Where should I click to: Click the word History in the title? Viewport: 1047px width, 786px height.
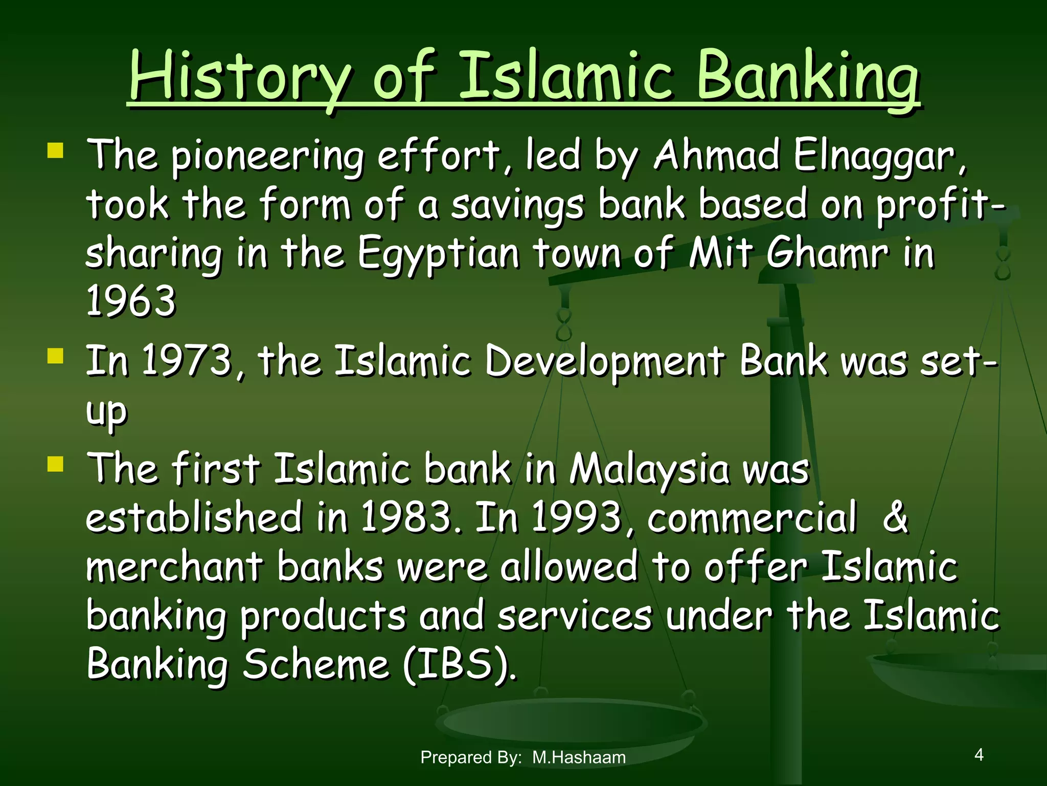pyautogui.click(x=240, y=77)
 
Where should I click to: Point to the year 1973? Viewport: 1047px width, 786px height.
pyautogui.click(x=187, y=360)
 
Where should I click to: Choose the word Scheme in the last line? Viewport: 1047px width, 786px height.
pyautogui.click(x=316, y=664)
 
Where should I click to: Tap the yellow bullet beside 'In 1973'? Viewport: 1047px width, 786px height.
pyautogui.click(x=55, y=356)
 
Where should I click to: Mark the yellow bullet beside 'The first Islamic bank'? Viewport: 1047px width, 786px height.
pyautogui.click(x=55, y=464)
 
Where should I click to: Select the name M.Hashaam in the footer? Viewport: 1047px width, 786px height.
pyautogui.click(x=579, y=757)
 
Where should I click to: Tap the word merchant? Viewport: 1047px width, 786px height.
pyautogui.click(x=174, y=567)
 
